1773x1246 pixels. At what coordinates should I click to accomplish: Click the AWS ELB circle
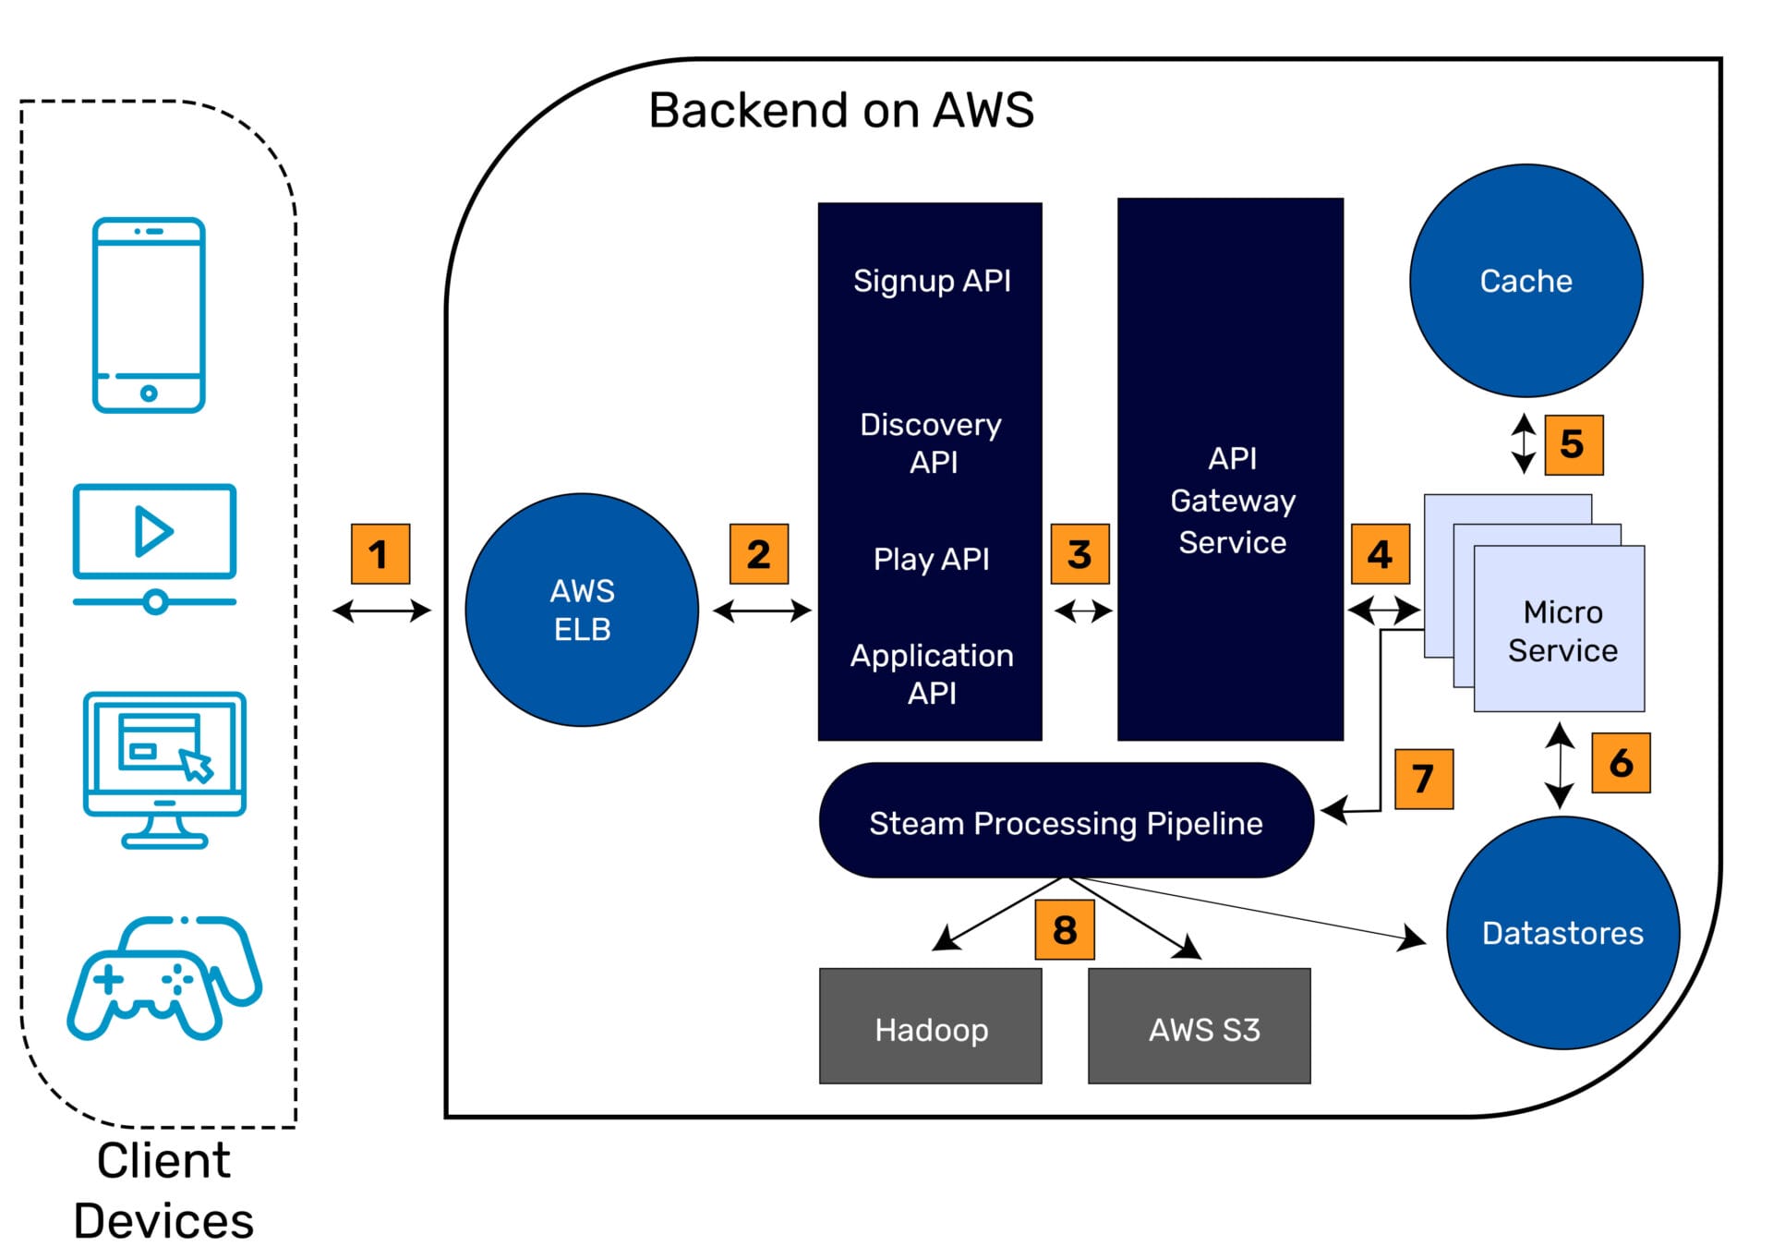click(x=582, y=610)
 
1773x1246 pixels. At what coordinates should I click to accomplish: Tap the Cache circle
click(x=1526, y=281)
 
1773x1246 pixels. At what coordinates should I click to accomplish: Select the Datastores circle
click(x=1562, y=932)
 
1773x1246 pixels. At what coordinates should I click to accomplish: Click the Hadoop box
click(x=930, y=1026)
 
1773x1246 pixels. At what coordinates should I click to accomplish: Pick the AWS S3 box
click(x=1199, y=1026)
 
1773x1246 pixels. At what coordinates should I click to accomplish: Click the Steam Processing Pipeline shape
click(x=1066, y=821)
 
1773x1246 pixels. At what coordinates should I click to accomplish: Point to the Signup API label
click(x=931, y=281)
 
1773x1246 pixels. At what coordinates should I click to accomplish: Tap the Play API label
click(x=931, y=559)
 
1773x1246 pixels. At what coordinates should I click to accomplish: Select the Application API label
click(x=931, y=673)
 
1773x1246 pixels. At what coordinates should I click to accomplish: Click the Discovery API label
click(x=931, y=442)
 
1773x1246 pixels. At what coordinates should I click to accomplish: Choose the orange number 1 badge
click(x=380, y=554)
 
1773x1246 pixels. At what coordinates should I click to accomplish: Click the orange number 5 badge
click(x=1573, y=444)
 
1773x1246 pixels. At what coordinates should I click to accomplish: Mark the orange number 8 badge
click(x=1064, y=929)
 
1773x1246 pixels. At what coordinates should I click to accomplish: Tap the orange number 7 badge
click(x=1423, y=779)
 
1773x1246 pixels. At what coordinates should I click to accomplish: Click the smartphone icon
click(x=149, y=315)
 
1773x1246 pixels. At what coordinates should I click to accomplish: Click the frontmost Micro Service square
click(x=1560, y=630)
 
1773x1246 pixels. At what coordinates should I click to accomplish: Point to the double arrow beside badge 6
click(x=1559, y=766)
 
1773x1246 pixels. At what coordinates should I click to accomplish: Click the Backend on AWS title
click(x=840, y=111)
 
